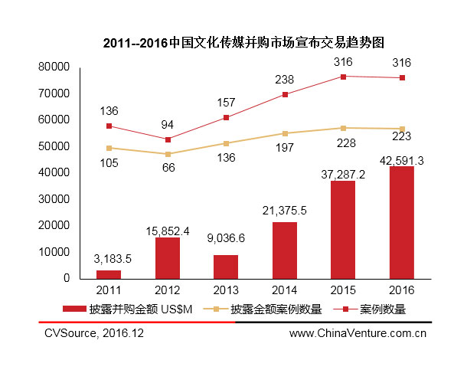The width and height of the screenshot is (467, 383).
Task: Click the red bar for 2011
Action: coord(109,274)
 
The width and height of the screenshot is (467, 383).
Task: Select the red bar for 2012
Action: coord(167,258)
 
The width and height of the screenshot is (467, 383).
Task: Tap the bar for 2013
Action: coord(226,267)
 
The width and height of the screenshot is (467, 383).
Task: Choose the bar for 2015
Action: coord(342,230)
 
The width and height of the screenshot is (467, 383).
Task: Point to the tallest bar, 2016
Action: coord(401,222)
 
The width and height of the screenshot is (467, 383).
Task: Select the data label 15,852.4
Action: coord(167,229)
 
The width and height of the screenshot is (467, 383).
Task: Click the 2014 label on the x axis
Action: coord(284,290)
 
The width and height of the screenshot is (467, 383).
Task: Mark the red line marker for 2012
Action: coord(168,139)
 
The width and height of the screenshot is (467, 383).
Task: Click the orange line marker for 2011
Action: coord(109,148)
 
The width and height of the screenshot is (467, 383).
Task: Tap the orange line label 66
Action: coord(167,166)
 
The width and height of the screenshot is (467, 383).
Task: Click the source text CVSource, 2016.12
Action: coord(93,333)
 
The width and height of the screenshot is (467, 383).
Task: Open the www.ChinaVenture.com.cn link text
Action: coord(358,333)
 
